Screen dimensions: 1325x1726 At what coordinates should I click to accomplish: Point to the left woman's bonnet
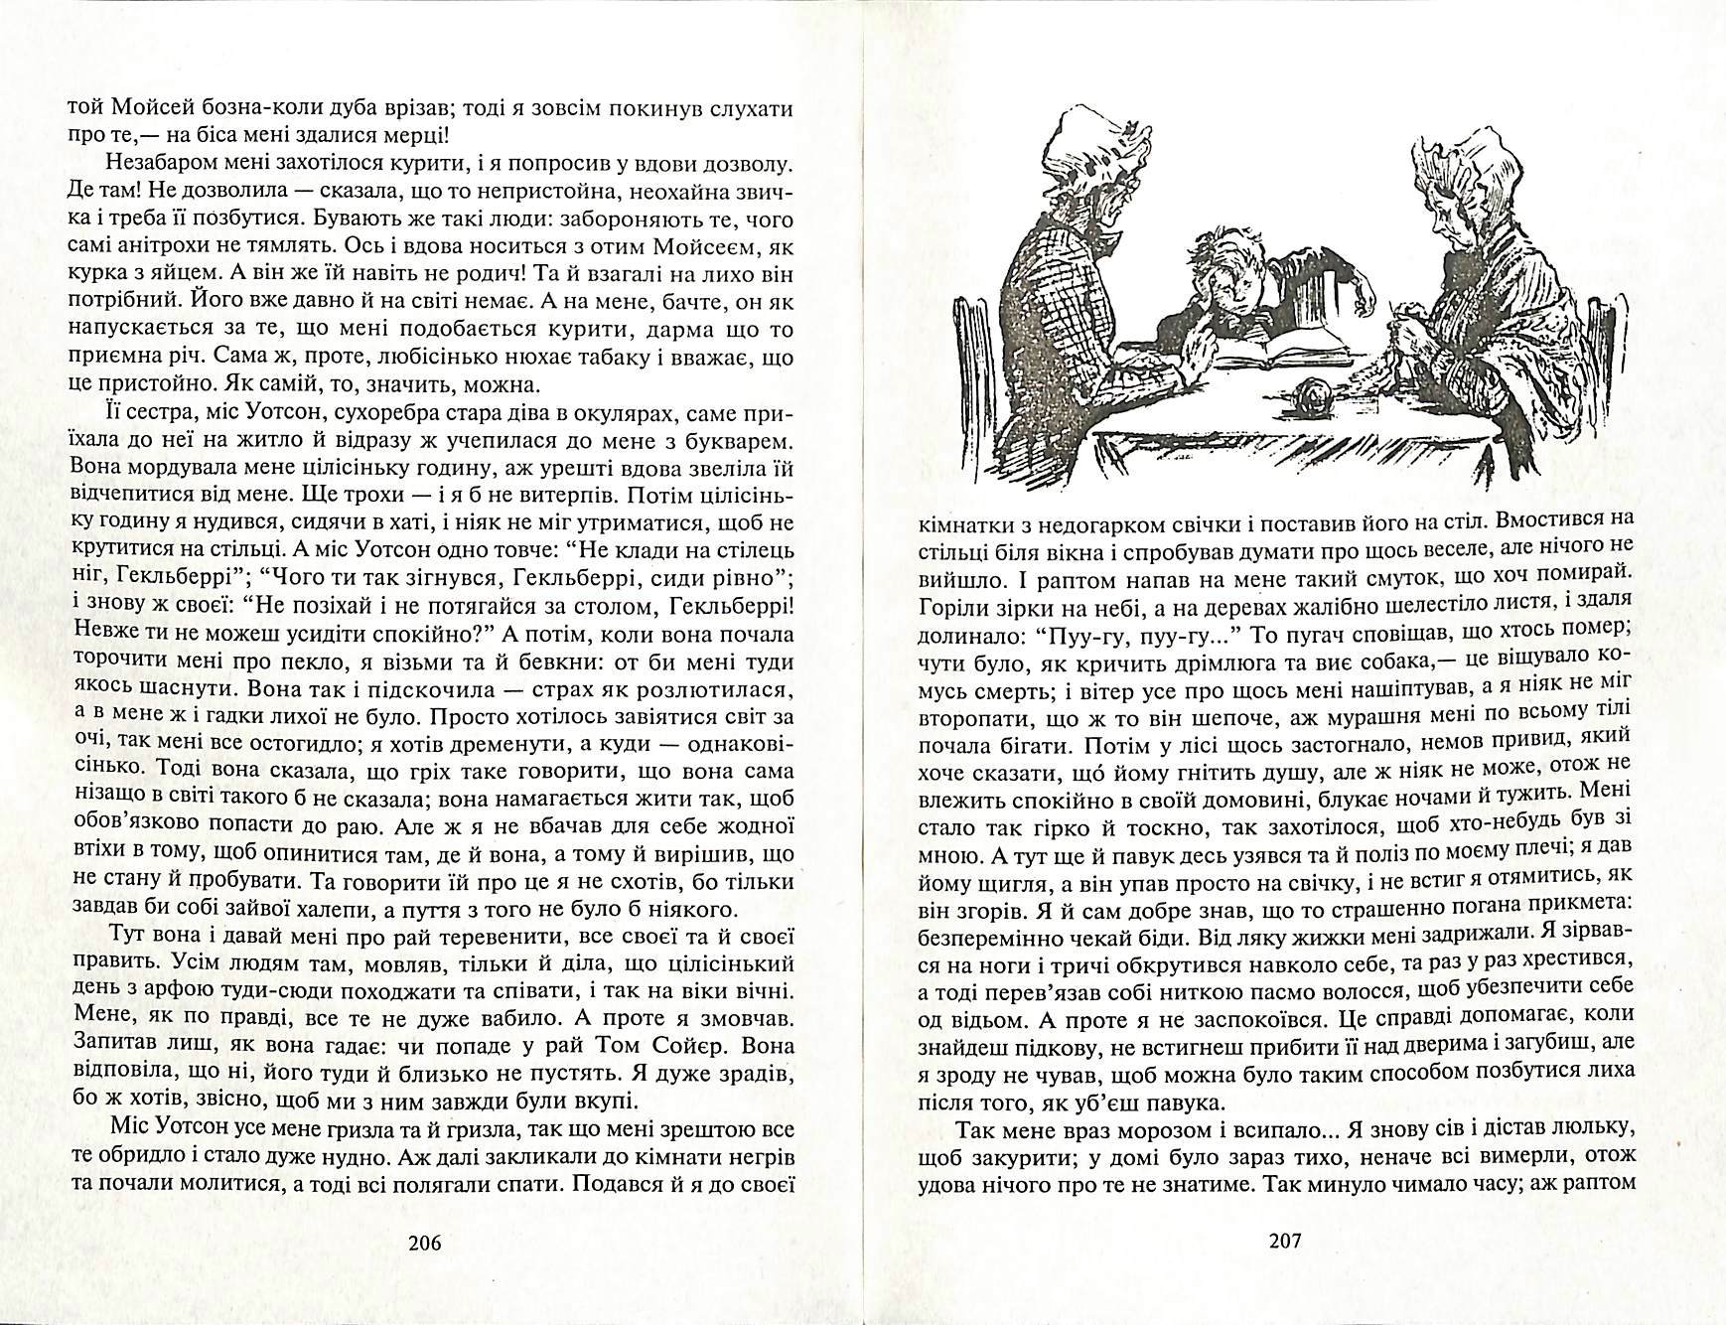1093,161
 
